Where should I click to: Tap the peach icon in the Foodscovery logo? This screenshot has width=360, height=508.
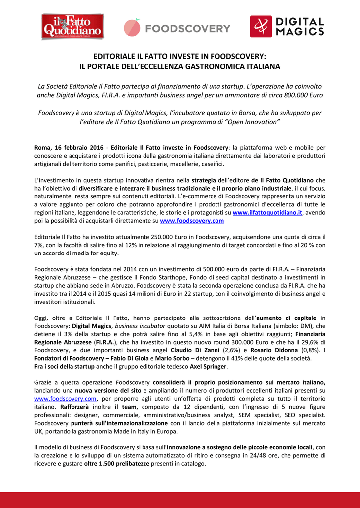click(132, 28)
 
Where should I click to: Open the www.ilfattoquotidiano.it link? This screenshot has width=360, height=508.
click(268, 212)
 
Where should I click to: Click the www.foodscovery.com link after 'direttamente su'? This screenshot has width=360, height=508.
click(192, 220)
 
